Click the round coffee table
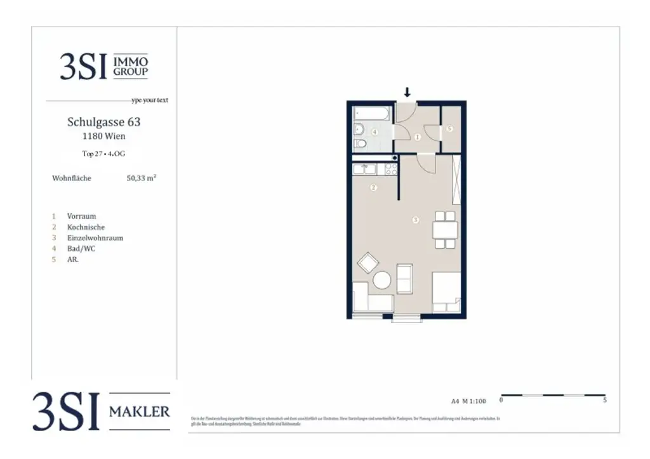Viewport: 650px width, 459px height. click(x=382, y=280)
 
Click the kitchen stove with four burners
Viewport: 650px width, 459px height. click(x=390, y=169)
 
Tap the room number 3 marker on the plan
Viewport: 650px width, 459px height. click(x=415, y=220)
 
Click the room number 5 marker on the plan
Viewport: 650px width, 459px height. click(x=450, y=128)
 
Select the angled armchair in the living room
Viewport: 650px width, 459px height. click(x=368, y=262)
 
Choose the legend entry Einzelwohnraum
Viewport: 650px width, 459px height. click(x=95, y=238)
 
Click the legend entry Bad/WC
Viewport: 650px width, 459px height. click(x=81, y=249)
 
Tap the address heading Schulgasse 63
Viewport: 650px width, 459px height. click(x=104, y=121)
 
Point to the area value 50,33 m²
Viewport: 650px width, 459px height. click(x=142, y=178)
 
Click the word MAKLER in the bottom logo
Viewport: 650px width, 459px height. click(x=140, y=412)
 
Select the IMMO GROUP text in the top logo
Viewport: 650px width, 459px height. click(x=130, y=67)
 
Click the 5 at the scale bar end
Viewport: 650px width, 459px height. click(x=604, y=401)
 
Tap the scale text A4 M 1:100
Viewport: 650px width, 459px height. click(x=468, y=401)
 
